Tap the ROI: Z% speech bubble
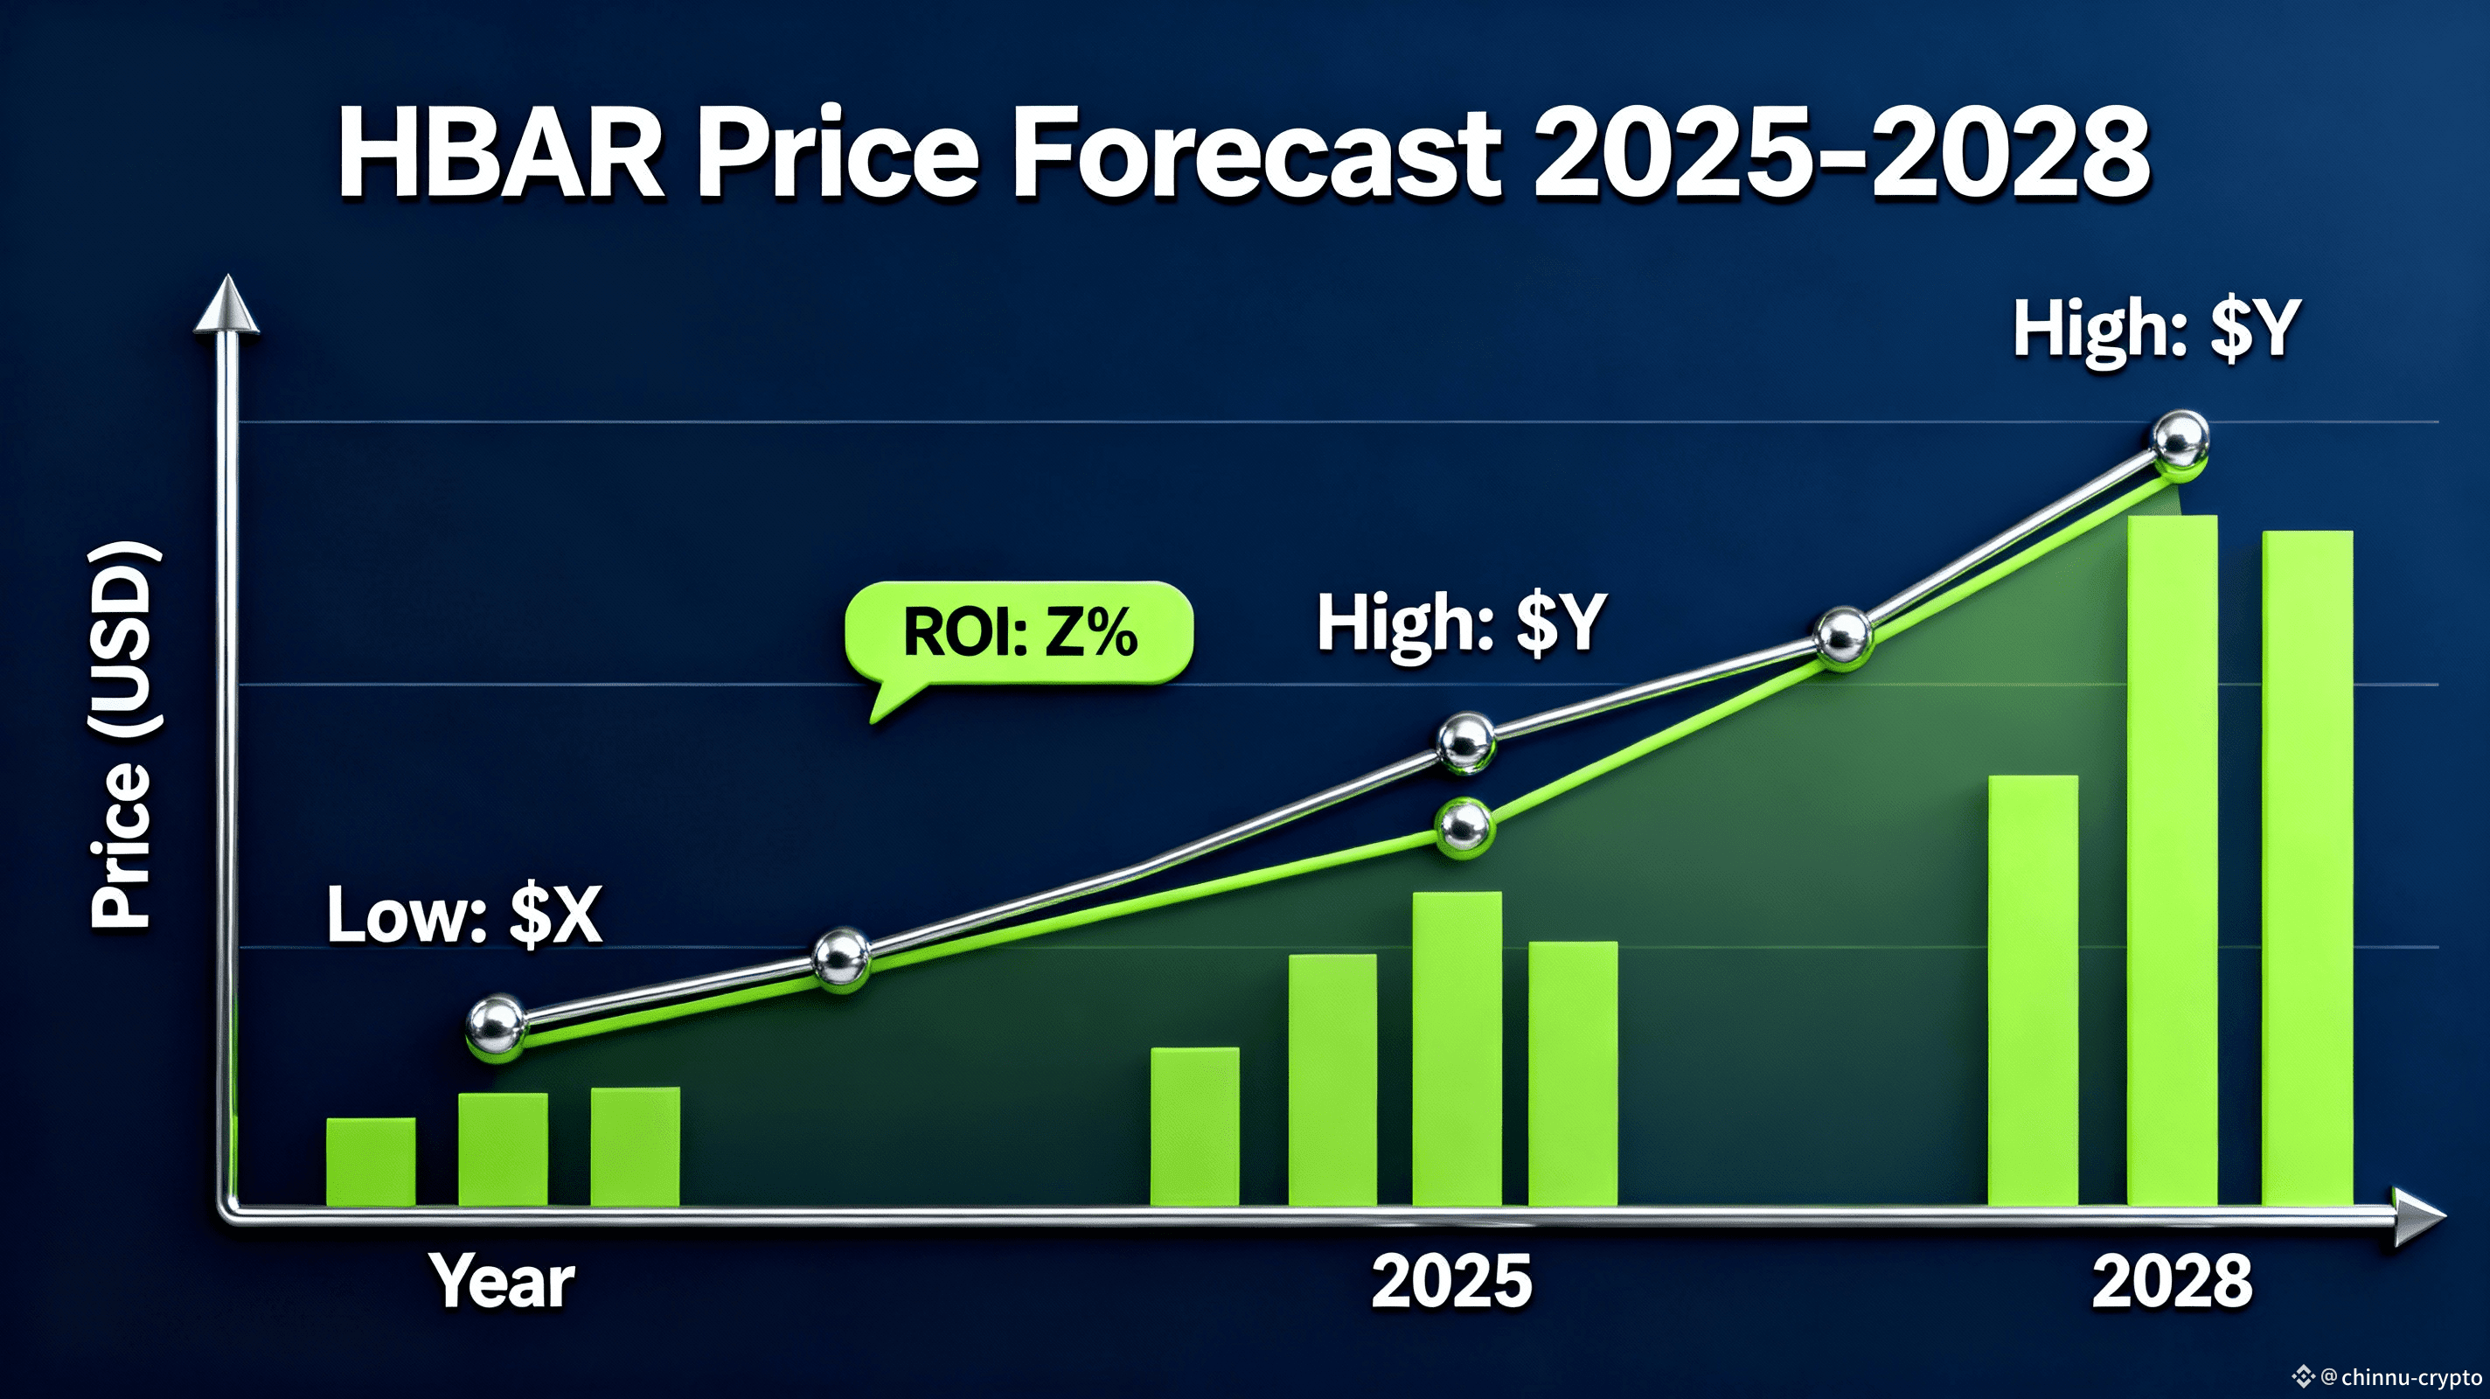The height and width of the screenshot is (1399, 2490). tap(1019, 633)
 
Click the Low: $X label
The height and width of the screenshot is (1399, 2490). tap(464, 915)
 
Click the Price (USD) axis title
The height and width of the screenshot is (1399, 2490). tap(124, 734)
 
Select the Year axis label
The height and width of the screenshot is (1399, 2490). tap(502, 1282)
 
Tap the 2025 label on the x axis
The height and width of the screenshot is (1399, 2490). tap(1450, 1282)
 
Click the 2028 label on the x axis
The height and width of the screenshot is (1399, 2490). tap(2171, 1282)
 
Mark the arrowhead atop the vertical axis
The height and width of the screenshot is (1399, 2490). tap(226, 304)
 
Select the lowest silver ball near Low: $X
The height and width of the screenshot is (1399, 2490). tap(496, 1023)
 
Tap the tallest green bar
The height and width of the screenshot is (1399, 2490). tap(2172, 860)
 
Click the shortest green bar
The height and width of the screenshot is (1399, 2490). tap(372, 1162)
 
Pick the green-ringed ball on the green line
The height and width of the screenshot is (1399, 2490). tap(1464, 826)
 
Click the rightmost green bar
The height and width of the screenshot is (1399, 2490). tap(2307, 868)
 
